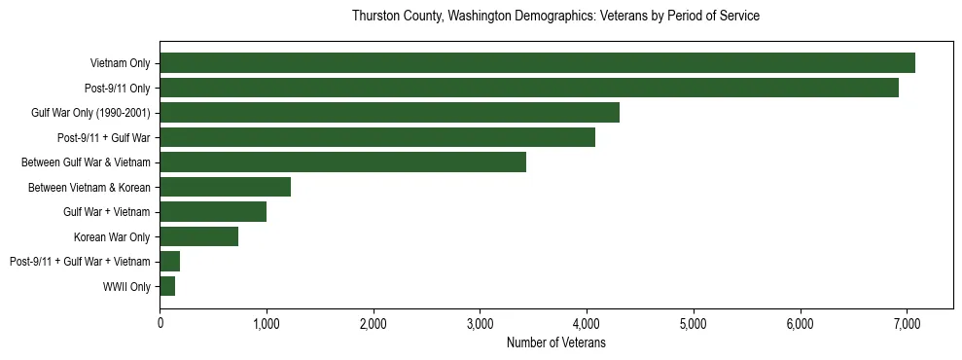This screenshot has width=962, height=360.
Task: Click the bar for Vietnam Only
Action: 537,63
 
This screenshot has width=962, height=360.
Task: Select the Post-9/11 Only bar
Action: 529,88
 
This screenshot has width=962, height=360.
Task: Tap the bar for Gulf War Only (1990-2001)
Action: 389,113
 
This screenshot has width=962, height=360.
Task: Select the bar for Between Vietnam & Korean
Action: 225,187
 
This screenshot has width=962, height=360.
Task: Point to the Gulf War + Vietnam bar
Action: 213,211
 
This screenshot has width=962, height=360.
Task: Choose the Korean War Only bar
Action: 198,236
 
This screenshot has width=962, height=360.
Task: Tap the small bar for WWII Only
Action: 167,286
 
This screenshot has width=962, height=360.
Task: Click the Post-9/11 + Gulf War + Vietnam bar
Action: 169,261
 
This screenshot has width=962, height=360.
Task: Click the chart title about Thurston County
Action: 555,17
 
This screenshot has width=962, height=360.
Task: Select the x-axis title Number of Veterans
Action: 555,343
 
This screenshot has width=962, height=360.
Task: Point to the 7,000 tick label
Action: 907,324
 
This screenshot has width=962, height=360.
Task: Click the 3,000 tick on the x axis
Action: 480,324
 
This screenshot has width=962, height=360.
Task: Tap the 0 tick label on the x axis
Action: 160,324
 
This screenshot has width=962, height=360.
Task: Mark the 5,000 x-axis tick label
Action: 694,324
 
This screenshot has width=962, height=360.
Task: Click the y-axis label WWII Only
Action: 126,286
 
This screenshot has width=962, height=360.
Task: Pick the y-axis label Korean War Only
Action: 112,236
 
